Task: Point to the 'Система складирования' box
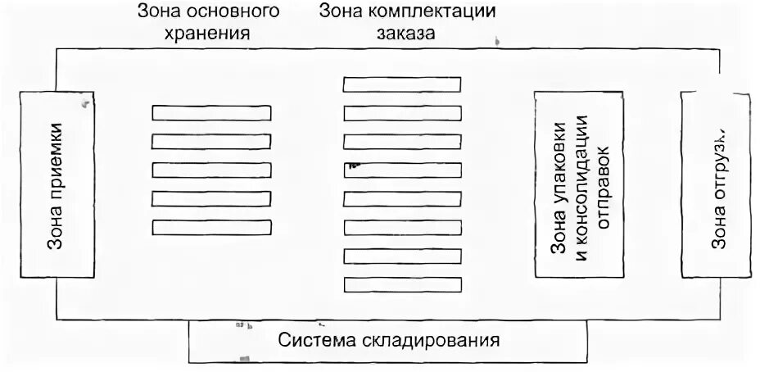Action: pyautogui.click(x=388, y=340)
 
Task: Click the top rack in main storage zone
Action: pyautogui.click(x=211, y=114)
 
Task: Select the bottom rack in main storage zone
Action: pyautogui.click(x=211, y=226)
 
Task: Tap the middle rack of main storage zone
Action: pyautogui.click(x=211, y=170)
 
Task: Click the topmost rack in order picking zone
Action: pyautogui.click(x=401, y=85)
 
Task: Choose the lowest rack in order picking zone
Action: pyautogui.click(x=401, y=286)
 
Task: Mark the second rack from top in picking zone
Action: pyautogui.click(x=401, y=113)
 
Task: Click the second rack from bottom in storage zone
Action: pyautogui.click(x=211, y=198)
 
